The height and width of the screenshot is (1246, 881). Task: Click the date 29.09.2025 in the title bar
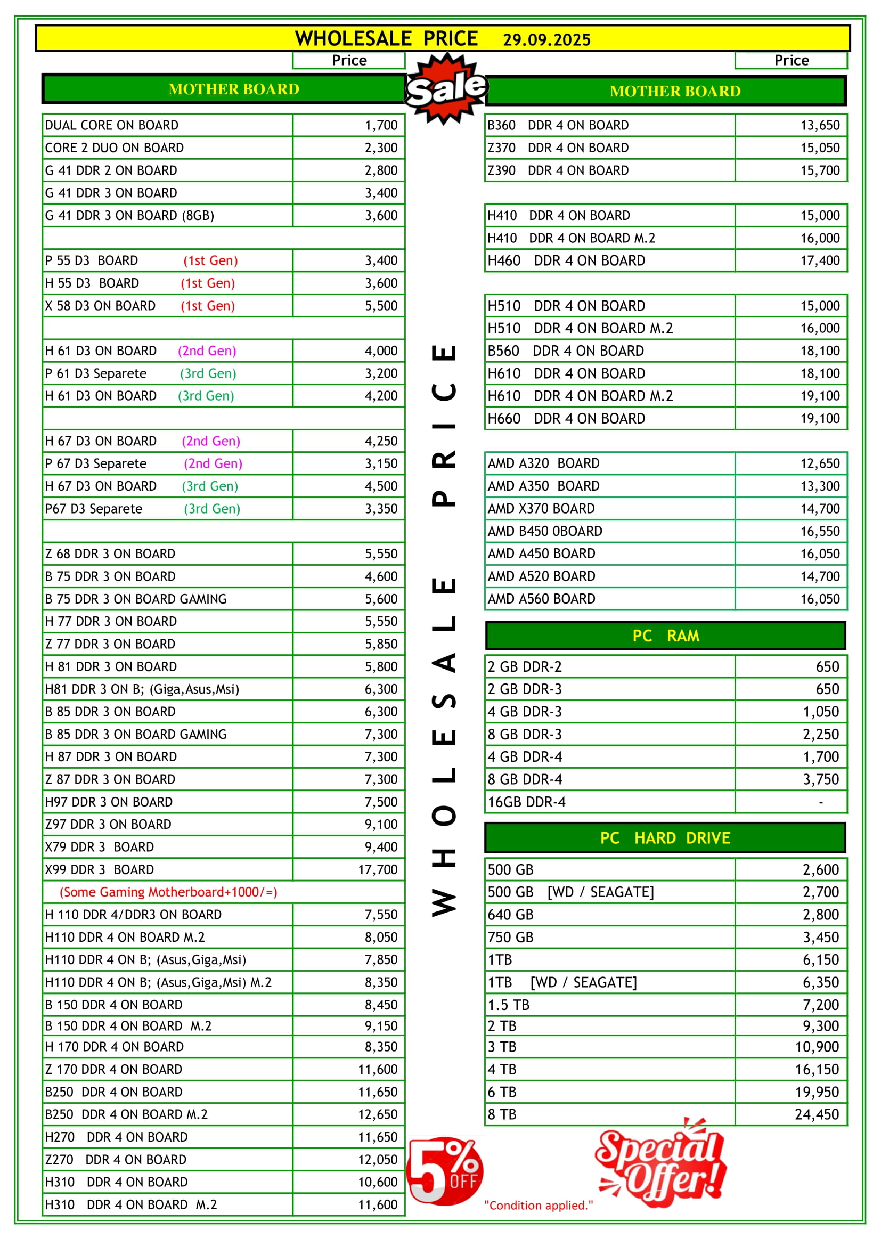tap(546, 40)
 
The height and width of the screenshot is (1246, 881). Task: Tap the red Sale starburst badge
tap(446, 88)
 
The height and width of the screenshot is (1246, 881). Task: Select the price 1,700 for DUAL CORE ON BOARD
tap(381, 125)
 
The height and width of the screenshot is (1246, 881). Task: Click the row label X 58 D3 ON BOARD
tap(100, 306)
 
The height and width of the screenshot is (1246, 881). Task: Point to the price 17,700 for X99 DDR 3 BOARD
tap(378, 870)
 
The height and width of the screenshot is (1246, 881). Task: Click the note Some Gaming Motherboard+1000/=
tap(168, 892)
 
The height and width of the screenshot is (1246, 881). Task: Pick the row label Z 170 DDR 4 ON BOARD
tap(113, 1070)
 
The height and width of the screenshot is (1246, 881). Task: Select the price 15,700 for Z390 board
tap(820, 170)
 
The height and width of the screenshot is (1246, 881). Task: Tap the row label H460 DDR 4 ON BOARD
tap(566, 261)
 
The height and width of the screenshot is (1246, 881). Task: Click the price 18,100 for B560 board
tap(820, 351)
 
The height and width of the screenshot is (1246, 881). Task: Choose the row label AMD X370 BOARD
tap(541, 509)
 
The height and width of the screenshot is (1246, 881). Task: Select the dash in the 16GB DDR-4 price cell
tap(821, 802)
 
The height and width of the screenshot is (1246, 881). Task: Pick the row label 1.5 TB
tap(508, 1005)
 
